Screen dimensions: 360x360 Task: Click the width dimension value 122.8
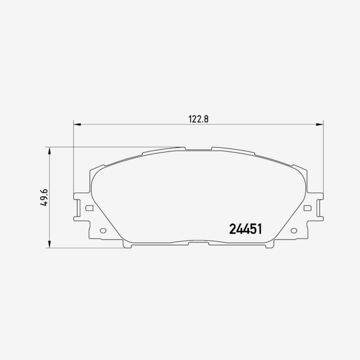click(198, 119)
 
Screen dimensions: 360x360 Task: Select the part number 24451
click(246, 229)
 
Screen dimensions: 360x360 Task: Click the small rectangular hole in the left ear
click(89, 208)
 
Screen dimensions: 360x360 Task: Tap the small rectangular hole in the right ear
click(308, 208)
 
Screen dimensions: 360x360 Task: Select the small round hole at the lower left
click(102, 231)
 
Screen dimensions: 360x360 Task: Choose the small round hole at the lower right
click(294, 231)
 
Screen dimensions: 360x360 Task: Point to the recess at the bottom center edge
click(198, 243)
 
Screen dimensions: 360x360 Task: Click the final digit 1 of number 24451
click(259, 229)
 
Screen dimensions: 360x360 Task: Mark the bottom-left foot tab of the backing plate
click(127, 246)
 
